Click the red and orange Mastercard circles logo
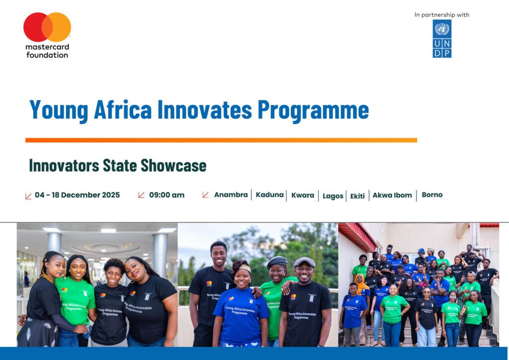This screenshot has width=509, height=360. coord(47,27)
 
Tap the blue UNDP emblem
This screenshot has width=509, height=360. coord(442,39)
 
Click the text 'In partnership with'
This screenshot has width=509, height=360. coord(442,15)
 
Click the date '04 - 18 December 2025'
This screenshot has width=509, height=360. coord(77,195)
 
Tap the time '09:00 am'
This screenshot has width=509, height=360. coord(167,195)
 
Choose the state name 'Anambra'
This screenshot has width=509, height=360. coord(231,195)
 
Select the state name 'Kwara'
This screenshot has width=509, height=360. coord(303,195)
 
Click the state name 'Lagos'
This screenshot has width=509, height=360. coord(333,196)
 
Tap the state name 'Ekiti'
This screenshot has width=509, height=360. coord(357,196)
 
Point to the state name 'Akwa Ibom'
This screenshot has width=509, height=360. coord(392,195)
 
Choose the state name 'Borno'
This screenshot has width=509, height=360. coord(432,195)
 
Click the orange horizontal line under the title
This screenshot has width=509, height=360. coord(221,140)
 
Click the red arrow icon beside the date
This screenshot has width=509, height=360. coord(28,196)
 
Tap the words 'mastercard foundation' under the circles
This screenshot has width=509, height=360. coord(47,51)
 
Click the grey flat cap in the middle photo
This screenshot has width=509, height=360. coord(304,262)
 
